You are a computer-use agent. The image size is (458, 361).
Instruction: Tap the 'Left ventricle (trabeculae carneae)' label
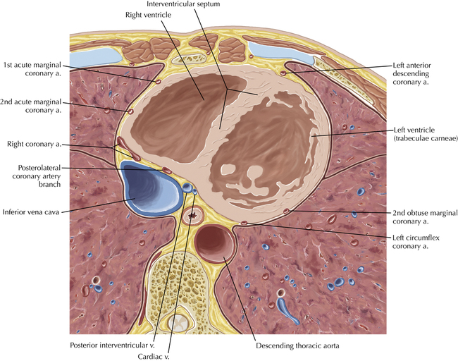coord(420,134)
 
